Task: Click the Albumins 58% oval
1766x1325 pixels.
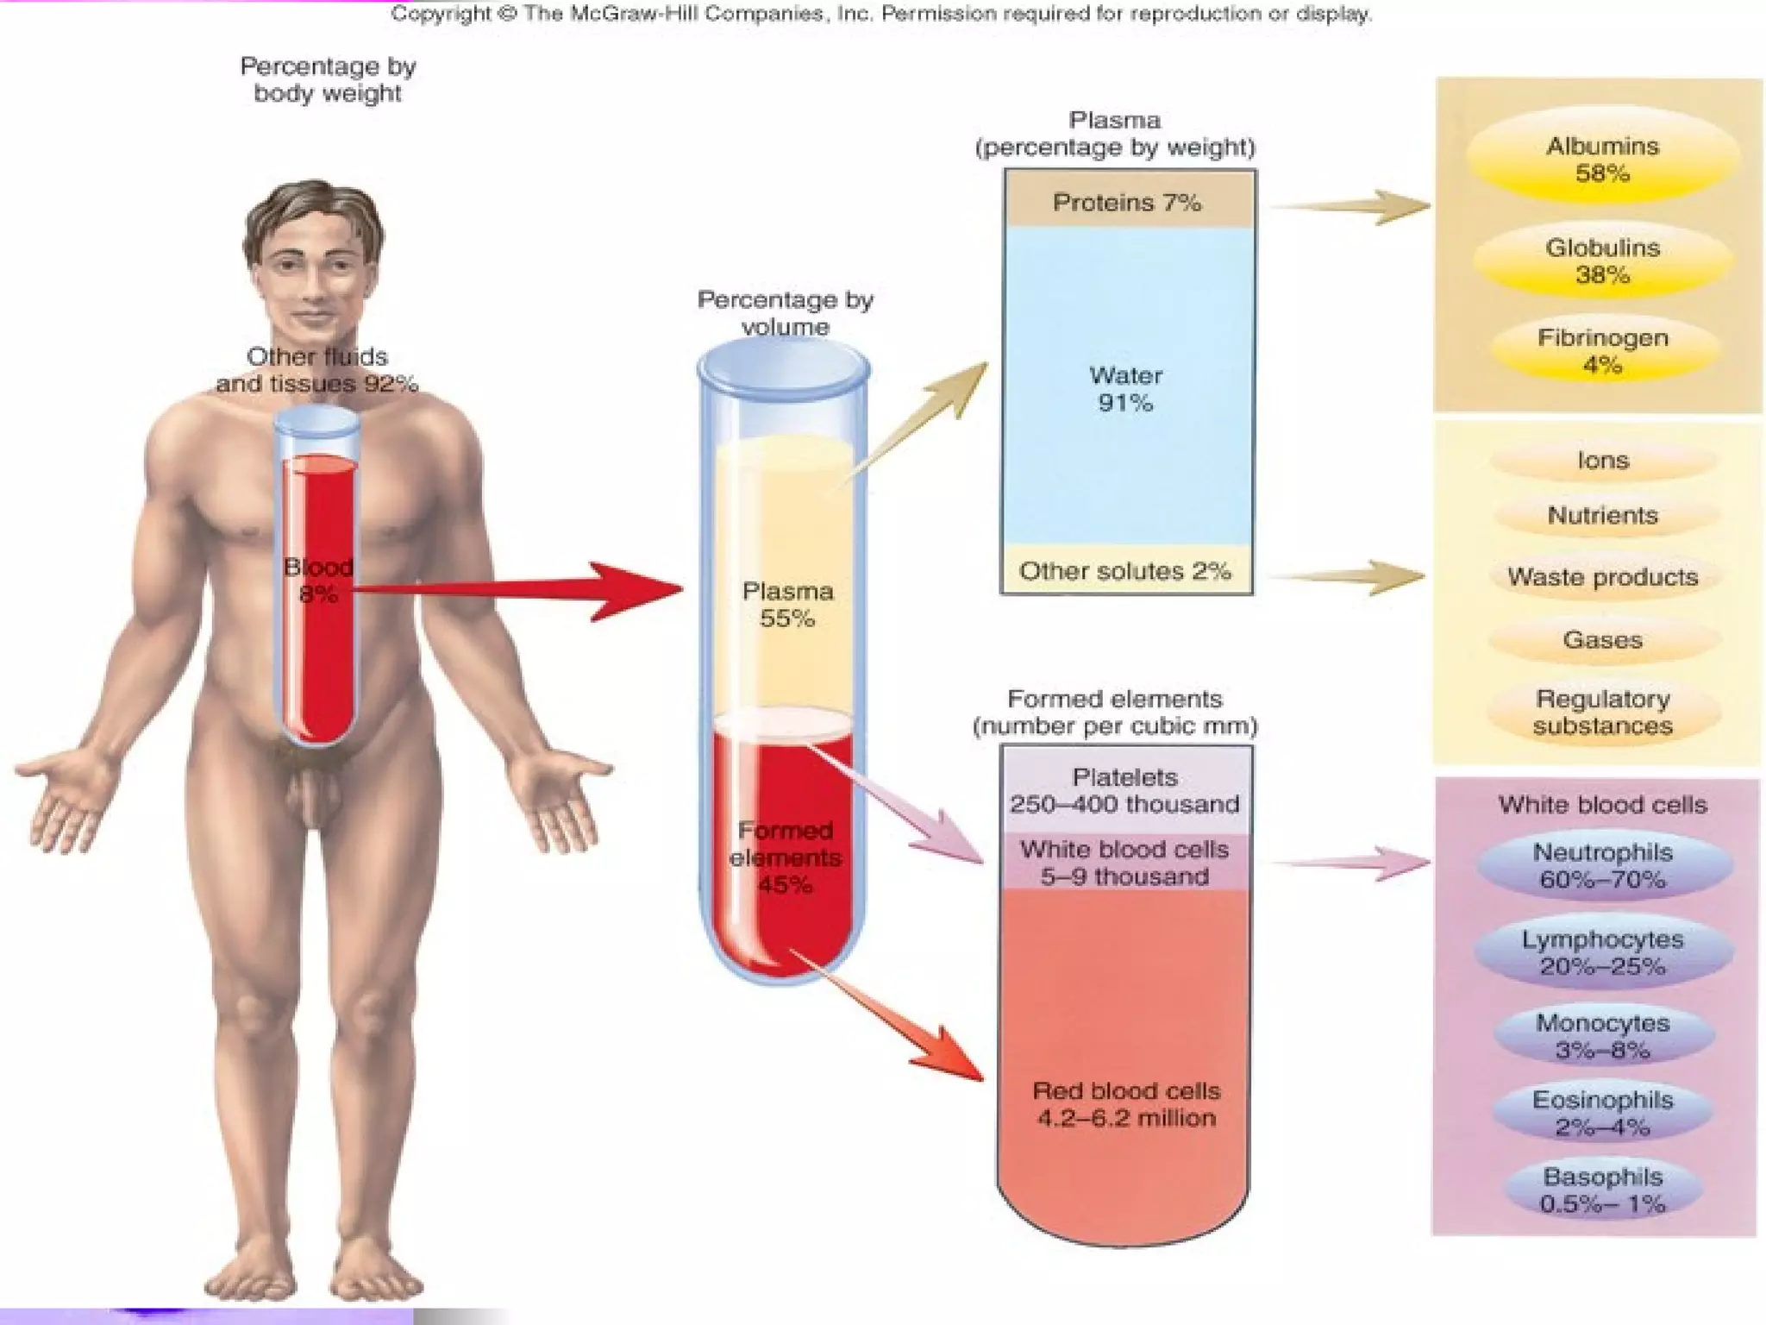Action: [1602, 160]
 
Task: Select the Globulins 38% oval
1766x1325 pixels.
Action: [1602, 261]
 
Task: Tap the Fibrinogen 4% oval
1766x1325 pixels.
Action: [1602, 351]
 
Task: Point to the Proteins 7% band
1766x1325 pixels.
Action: [1127, 202]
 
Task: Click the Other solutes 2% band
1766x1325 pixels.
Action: [1125, 571]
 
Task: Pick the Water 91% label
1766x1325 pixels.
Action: [1125, 389]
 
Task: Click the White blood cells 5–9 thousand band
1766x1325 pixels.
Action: [1124, 863]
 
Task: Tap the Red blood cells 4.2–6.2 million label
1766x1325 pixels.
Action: [1126, 1104]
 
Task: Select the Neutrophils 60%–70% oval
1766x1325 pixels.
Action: [1602, 866]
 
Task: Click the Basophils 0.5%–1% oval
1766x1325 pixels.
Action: [1602, 1190]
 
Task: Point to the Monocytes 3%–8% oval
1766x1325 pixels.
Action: [1602, 1037]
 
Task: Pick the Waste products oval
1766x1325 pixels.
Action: [1602, 577]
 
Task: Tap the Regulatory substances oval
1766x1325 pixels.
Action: [1602, 713]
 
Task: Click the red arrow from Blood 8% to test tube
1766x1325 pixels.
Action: [517, 590]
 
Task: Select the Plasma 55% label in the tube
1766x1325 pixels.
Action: [787, 605]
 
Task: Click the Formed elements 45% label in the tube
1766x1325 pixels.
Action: [785, 857]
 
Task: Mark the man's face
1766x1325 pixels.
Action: [316, 276]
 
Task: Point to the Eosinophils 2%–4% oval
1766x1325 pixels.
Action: [1602, 1114]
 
